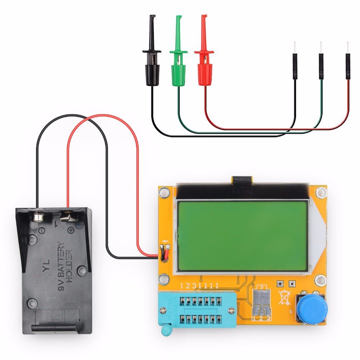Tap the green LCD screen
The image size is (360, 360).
point(242,236)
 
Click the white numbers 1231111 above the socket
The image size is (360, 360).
point(199,286)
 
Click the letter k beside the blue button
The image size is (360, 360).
point(291,311)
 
